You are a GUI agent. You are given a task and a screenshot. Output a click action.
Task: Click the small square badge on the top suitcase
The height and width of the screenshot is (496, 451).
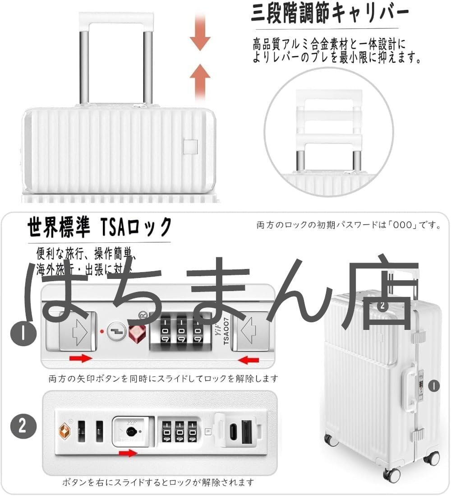(x=191, y=147)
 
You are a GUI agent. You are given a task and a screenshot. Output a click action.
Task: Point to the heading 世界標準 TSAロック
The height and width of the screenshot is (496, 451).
(x=99, y=227)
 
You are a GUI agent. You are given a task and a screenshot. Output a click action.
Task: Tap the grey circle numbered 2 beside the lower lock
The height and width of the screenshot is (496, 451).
(x=21, y=426)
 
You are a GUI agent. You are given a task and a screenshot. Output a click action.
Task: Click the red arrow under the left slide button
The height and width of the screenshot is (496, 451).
(x=80, y=359)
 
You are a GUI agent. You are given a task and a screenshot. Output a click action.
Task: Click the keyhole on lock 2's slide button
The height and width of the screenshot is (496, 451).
(x=131, y=431)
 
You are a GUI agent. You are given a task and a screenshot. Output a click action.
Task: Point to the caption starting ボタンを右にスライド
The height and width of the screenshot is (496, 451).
(x=158, y=482)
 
